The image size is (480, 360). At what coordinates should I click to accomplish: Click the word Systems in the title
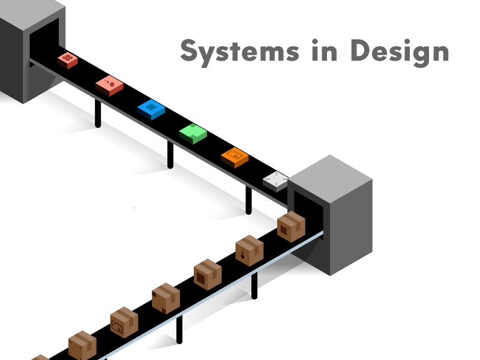(x=232, y=52)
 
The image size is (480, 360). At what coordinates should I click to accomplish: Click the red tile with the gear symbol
(x=68, y=59)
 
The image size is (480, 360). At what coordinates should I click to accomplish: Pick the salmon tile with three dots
(x=109, y=85)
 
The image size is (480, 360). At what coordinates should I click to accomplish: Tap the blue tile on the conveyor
(x=151, y=109)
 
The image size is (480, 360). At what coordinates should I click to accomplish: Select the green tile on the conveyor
(x=193, y=133)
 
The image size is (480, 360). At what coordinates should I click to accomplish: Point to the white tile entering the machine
(x=275, y=180)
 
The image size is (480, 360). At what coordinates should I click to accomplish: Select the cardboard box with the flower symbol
(x=291, y=227)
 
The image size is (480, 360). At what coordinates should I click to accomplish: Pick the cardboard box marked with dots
(x=249, y=251)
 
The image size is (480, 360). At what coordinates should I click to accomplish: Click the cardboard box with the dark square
(x=208, y=275)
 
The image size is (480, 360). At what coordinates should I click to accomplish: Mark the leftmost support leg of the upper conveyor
(x=98, y=114)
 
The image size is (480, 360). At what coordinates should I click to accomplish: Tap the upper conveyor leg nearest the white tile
(x=248, y=200)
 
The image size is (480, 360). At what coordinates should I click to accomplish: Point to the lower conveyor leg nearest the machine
(x=254, y=286)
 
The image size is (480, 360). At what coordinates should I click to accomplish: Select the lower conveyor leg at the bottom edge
(x=179, y=329)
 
